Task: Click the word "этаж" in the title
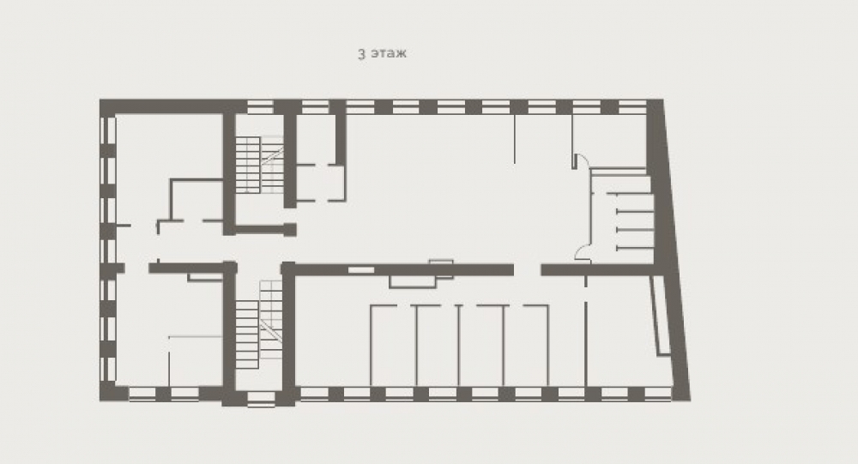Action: (x=389, y=54)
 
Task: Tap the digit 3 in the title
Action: (x=362, y=54)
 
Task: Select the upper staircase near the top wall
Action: (x=259, y=164)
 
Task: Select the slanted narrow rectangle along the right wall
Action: (x=660, y=316)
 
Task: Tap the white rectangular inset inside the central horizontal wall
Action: (x=361, y=270)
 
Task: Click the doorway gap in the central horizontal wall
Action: (x=528, y=270)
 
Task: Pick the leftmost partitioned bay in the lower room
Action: (x=393, y=346)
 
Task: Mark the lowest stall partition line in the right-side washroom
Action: (x=635, y=249)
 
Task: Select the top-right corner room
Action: (x=609, y=141)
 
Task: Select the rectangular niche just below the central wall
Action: (x=413, y=282)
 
